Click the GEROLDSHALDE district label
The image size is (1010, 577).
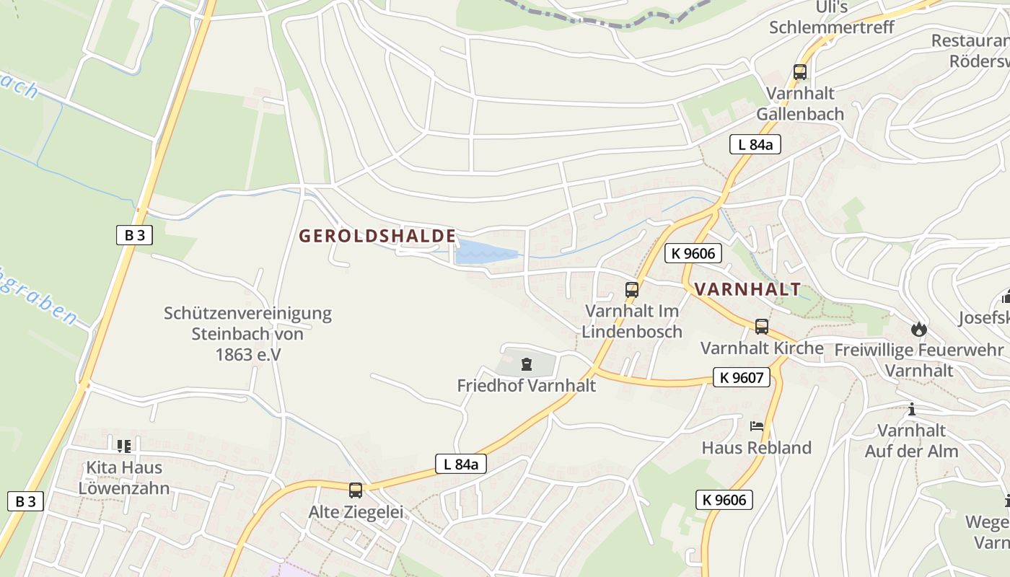tap(377, 236)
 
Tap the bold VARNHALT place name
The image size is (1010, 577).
tap(747, 290)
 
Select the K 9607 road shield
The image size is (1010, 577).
tap(742, 376)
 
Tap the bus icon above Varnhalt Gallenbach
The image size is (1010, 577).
tap(799, 72)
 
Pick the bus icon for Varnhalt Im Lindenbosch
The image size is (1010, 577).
tap(632, 290)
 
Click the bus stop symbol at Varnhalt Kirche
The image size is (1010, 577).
tap(762, 327)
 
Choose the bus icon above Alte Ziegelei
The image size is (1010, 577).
tap(356, 490)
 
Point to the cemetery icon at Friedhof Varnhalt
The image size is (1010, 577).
tap(527, 364)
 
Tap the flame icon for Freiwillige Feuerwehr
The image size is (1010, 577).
tap(918, 330)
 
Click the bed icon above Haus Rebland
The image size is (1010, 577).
tap(757, 426)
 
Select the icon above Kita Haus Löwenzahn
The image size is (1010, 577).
tap(124, 446)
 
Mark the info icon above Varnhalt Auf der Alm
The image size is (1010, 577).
tap(912, 410)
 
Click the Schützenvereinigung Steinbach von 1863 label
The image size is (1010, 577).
tap(247, 334)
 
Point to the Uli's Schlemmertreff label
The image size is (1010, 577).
tap(831, 17)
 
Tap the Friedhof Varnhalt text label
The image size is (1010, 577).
tap(527, 385)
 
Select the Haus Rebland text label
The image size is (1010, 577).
tap(757, 448)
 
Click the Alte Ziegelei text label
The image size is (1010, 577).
tap(356, 512)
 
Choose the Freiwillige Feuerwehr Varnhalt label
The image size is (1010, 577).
tap(918, 360)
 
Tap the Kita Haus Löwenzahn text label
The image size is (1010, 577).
tap(124, 477)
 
